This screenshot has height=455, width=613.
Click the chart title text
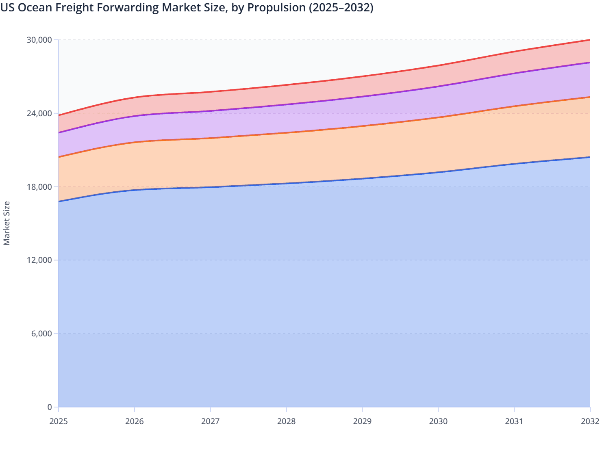click(x=187, y=7)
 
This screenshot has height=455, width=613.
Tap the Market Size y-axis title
click(x=7, y=223)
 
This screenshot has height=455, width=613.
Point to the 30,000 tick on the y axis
click(x=39, y=40)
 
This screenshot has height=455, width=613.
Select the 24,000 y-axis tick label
click(x=39, y=113)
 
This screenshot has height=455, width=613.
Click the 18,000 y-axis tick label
click(x=39, y=187)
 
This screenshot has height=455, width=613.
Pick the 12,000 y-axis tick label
click(x=39, y=260)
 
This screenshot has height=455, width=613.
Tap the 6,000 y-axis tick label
click(x=41, y=334)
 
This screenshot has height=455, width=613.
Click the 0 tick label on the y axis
click(x=50, y=407)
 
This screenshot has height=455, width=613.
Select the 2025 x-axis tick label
click(x=59, y=421)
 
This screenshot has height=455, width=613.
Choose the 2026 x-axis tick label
click(x=135, y=421)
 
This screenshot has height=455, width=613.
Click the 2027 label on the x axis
click(x=211, y=421)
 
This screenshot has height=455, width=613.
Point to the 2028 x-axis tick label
click(x=286, y=421)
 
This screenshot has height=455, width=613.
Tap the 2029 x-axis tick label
click(x=362, y=421)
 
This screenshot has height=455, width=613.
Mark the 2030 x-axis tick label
click(x=438, y=421)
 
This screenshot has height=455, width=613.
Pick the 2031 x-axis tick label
click(x=514, y=421)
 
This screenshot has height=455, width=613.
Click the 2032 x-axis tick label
click(x=590, y=421)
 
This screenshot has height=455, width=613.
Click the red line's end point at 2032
click(x=590, y=40)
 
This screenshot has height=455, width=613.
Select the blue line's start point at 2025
click(x=59, y=201)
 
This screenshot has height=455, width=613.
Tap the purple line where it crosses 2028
click(x=286, y=105)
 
